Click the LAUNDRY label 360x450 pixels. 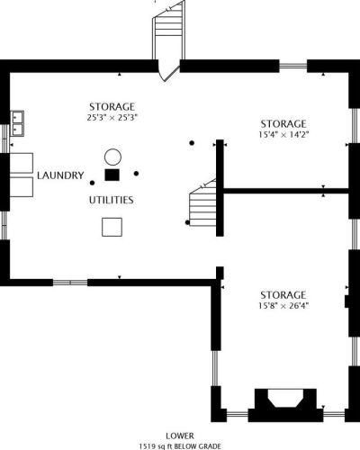60,175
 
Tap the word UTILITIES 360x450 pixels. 112,200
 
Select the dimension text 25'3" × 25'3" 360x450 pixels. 112,117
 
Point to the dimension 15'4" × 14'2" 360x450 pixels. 283,134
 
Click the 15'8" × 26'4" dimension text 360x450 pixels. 283,306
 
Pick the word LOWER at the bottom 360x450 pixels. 180,436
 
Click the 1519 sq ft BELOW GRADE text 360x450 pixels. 180,446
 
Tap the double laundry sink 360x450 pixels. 17,123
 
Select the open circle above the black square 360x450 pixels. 112,157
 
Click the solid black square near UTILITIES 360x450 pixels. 112,175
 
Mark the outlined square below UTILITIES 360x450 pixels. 112,227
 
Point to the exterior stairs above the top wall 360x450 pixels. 169,30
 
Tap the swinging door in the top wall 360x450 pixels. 169,70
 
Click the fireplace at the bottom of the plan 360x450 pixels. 285,405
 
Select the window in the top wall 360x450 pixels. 293,66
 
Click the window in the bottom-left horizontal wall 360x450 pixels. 70,283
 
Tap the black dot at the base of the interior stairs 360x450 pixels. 187,222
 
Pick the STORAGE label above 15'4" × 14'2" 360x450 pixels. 283,124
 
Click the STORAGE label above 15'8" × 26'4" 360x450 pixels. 283,295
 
